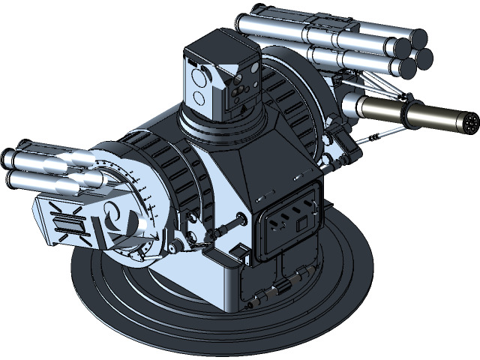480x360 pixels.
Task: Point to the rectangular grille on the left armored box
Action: tap(67, 223)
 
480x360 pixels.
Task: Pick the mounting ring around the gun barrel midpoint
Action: tap(411, 113)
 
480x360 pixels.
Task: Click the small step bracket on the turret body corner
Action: tap(238, 251)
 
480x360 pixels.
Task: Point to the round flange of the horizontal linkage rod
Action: tap(241, 220)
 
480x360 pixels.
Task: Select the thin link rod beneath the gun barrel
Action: tap(382, 134)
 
